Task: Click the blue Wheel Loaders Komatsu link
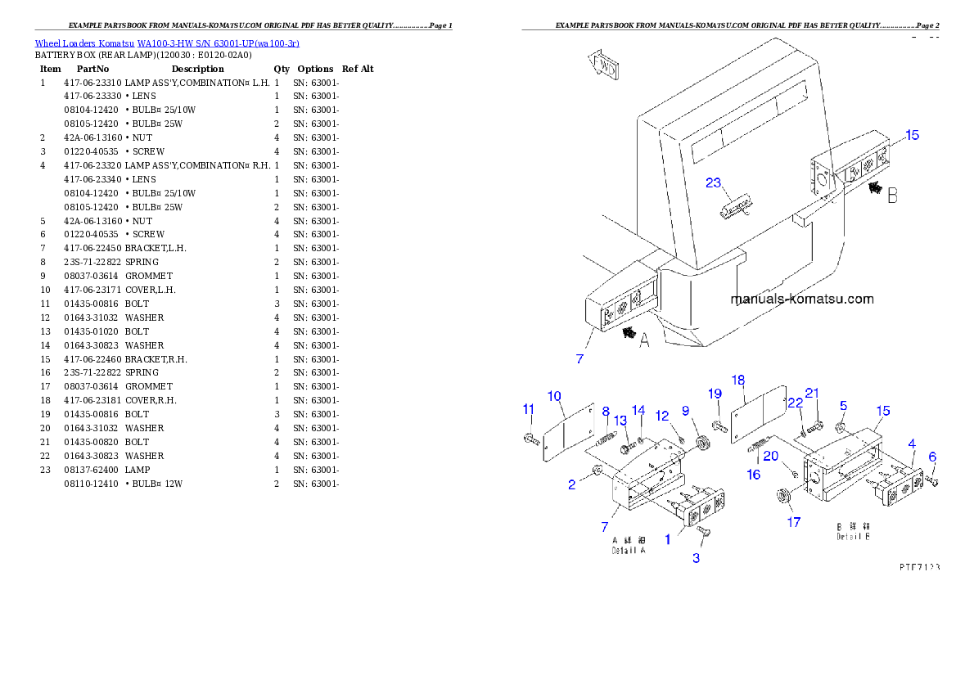167,43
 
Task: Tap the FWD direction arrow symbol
602,65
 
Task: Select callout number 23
714,182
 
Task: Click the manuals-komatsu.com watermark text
801,299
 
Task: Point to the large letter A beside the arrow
644,341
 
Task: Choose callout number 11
528,409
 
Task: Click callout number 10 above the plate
554,397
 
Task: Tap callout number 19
715,394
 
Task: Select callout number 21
812,394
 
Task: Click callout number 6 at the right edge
932,457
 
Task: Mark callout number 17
794,522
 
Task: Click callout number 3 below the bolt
697,558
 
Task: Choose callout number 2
572,485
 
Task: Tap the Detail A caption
629,546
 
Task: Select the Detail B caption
853,532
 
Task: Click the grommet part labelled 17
782,496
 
